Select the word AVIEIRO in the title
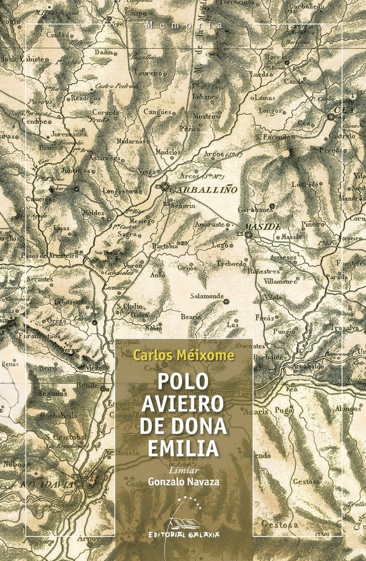(183, 404)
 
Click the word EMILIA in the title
(183, 448)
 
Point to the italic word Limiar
(183, 470)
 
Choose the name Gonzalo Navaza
(183, 482)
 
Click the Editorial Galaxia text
(184, 534)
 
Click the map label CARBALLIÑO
(204, 190)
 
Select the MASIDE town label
(262, 226)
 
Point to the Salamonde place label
(207, 296)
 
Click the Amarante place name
(210, 224)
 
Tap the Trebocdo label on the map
(231, 262)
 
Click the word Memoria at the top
(185, 25)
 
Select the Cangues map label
(158, 112)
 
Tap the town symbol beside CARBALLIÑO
(165, 187)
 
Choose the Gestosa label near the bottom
(280, 525)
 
